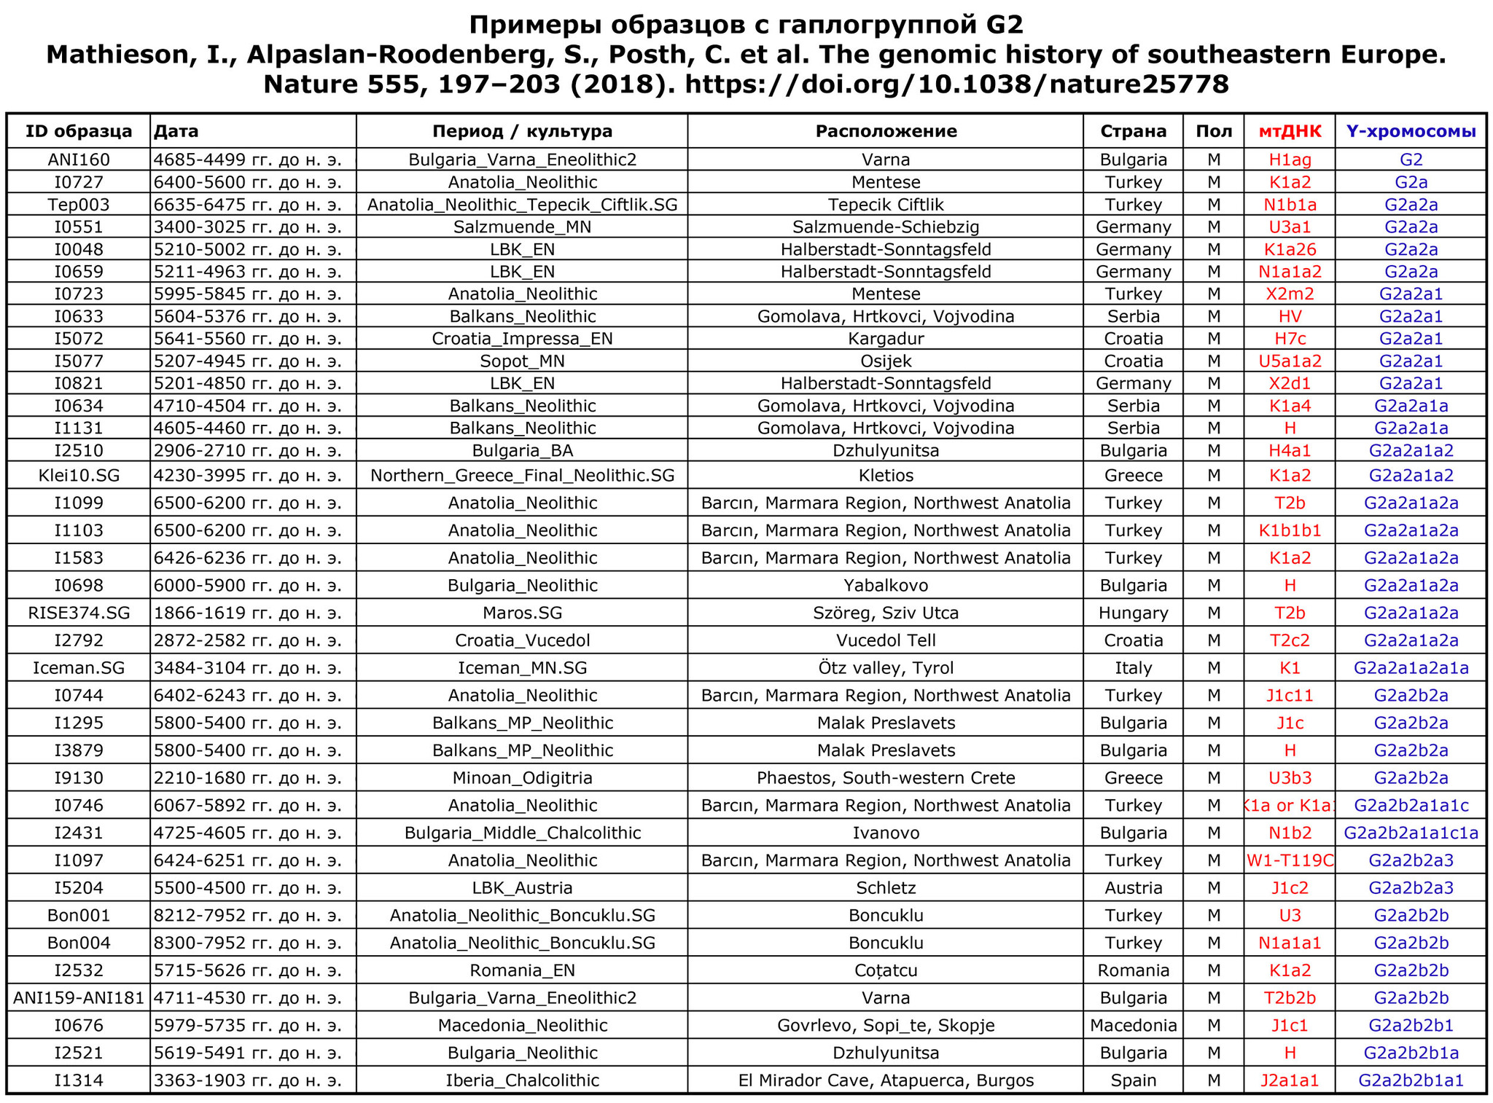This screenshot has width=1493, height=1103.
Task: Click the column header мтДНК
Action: [x=1289, y=131]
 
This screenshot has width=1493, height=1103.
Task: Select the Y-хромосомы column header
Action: [x=1411, y=131]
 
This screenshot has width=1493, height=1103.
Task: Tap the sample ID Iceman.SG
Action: [x=79, y=668]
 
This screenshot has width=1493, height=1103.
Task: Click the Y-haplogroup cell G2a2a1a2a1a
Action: [x=1411, y=668]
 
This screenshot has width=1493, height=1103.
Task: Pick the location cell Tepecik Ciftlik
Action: [x=886, y=205]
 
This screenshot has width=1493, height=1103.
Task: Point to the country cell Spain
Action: [x=1133, y=1080]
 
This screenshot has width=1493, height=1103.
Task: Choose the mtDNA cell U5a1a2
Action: [x=1289, y=361]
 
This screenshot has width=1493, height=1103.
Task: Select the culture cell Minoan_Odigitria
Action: [x=522, y=778]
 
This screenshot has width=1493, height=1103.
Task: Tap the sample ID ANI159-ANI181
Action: [x=79, y=998]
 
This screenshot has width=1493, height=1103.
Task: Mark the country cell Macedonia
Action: [x=1133, y=1026]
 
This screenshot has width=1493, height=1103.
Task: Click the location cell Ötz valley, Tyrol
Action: [x=886, y=668]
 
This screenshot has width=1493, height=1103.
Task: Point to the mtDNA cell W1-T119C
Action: [x=1289, y=860]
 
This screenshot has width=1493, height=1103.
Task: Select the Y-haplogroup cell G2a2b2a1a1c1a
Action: [x=1411, y=833]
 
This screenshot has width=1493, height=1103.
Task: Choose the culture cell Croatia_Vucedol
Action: [x=522, y=640]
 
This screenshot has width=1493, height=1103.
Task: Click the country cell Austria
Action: [x=1133, y=888]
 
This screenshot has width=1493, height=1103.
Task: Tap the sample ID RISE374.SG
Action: [x=79, y=613]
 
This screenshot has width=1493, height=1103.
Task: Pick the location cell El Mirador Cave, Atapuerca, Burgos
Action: [x=886, y=1080]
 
